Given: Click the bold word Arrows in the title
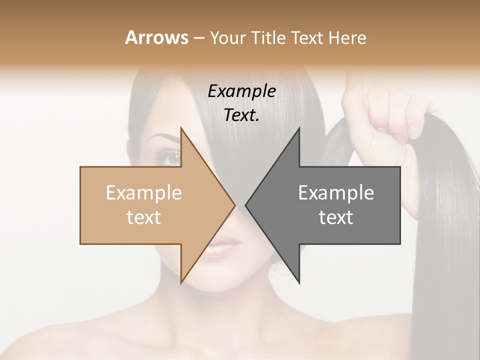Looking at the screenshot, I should pyautogui.click(x=156, y=37).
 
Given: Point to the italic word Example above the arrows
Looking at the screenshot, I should pyautogui.click(x=241, y=91).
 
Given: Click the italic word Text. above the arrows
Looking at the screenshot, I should pyautogui.click(x=241, y=115).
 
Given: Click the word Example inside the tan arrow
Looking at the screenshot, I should pyautogui.click(x=144, y=193).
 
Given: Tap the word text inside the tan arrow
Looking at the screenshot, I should pyautogui.click(x=144, y=217).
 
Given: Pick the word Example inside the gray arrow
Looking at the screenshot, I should pyautogui.click(x=336, y=193).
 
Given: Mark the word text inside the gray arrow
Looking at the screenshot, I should pyautogui.click(x=336, y=217).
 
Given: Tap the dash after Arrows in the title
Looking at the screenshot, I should pyautogui.click(x=198, y=38).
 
